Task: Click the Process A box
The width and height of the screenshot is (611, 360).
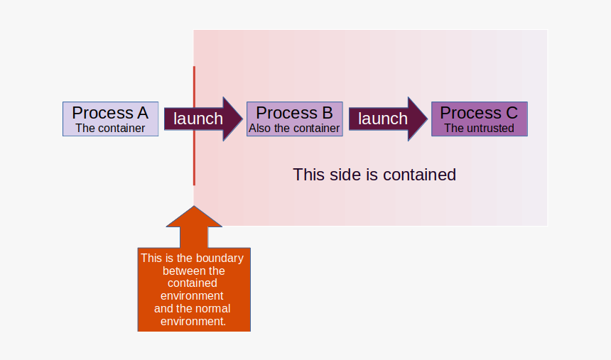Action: tap(111, 119)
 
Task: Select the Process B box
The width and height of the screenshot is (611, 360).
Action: tap(295, 119)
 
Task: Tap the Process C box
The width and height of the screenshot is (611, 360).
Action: tap(480, 119)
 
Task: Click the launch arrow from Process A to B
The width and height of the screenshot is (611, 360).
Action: tap(203, 119)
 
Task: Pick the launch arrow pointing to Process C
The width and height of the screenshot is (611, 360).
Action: tap(388, 119)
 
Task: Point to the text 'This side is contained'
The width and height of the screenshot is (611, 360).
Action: tap(374, 175)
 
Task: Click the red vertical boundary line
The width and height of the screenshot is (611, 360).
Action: tap(194, 126)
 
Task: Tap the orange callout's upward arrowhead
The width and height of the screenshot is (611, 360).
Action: tap(194, 217)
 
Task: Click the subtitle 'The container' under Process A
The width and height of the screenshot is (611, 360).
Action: tap(110, 129)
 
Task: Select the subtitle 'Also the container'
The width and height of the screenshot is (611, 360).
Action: tap(294, 129)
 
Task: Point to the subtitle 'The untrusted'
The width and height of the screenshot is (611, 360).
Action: tap(480, 129)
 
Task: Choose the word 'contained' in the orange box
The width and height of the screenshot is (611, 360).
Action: tap(193, 283)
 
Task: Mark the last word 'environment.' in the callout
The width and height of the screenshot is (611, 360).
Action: tap(193, 322)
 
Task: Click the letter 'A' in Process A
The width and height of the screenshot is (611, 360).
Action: tap(142, 113)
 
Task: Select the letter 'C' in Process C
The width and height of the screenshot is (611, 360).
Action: tap(512, 113)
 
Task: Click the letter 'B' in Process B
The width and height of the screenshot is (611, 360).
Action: tap(328, 113)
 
